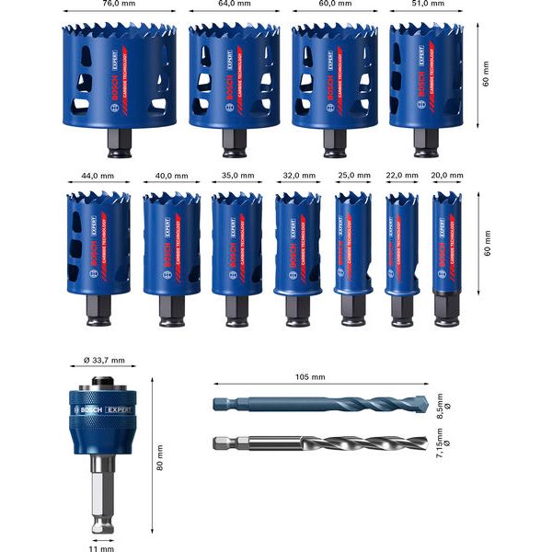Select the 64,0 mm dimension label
(x=234, y=5)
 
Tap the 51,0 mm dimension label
(x=426, y=5)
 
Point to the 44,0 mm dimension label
(x=91, y=175)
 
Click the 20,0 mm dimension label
(x=447, y=175)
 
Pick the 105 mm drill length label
(x=311, y=377)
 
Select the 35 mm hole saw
(x=231, y=244)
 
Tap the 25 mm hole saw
(x=352, y=244)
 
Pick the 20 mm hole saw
(x=447, y=244)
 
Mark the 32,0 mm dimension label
(x=296, y=175)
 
